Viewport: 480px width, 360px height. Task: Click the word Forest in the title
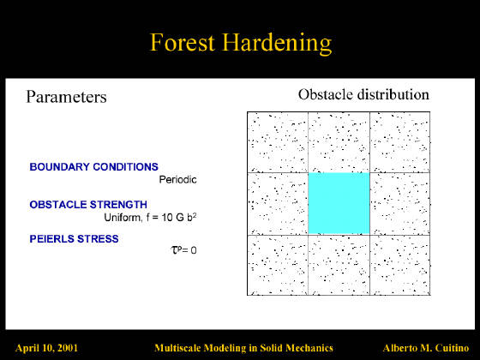click(183, 42)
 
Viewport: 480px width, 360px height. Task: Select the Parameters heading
click(67, 97)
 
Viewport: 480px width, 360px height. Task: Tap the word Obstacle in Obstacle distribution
click(326, 94)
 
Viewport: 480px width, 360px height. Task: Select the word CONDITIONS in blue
click(125, 167)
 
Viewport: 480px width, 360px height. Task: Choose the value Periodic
click(178, 179)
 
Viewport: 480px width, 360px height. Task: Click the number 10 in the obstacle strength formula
click(167, 218)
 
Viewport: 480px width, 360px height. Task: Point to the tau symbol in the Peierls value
click(174, 249)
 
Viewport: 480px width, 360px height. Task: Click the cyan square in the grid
click(339, 204)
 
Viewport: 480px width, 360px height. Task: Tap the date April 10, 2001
click(46, 348)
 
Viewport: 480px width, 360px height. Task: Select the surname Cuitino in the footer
click(452, 348)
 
